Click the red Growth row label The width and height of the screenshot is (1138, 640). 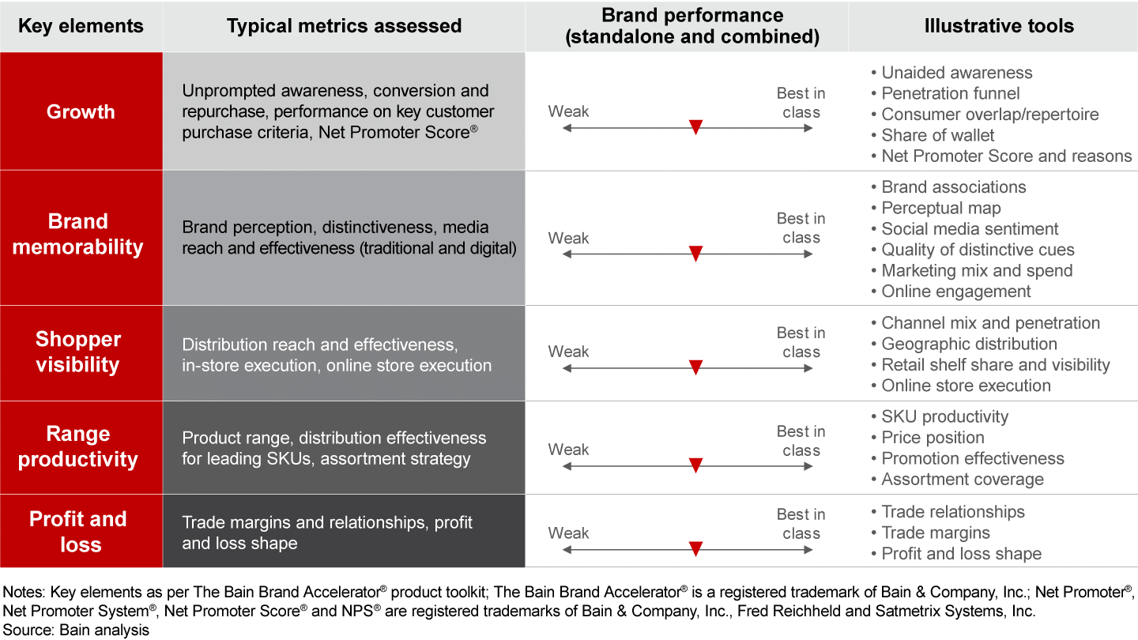pyautogui.click(x=81, y=111)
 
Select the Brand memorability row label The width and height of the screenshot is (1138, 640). pyautogui.click(x=77, y=234)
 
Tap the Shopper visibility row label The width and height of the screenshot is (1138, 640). pyautogui.click(x=77, y=352)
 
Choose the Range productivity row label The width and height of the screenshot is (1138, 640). pyautogui.click(x=77, y=446)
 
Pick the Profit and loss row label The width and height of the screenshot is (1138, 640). pyautogui.click(x=77, y=531)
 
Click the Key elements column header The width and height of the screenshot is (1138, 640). pyautogui.click(x=81, y=26)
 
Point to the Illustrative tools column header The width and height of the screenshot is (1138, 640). pyautogui.click(x=999, y=26)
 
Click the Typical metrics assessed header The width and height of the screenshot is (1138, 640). pyautogui.click(x=344, y=26)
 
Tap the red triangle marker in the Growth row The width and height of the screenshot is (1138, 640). pyautogui.click(x=695, y=127)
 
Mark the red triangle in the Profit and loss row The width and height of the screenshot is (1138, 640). pyautogui.click(x=695, y=548)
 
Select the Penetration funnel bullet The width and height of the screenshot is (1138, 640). pyautogui.click(x=951, y=93)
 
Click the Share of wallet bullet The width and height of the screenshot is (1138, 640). pyautogui.click(x=938, y=135)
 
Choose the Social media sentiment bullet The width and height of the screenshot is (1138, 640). pyautogui.click(x=970, y=229)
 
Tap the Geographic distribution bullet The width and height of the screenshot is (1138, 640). pyautogui.click(x=969, y=344)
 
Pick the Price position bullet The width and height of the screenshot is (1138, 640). pyautogui.click(x=933, y=438)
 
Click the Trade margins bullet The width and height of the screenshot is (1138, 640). pyautogui.click(x=936, y=533)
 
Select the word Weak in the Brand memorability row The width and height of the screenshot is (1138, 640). pyautogui.click(x=568, y=238)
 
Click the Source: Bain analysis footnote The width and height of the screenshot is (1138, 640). pyautogui.click(x=76, y=630)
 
